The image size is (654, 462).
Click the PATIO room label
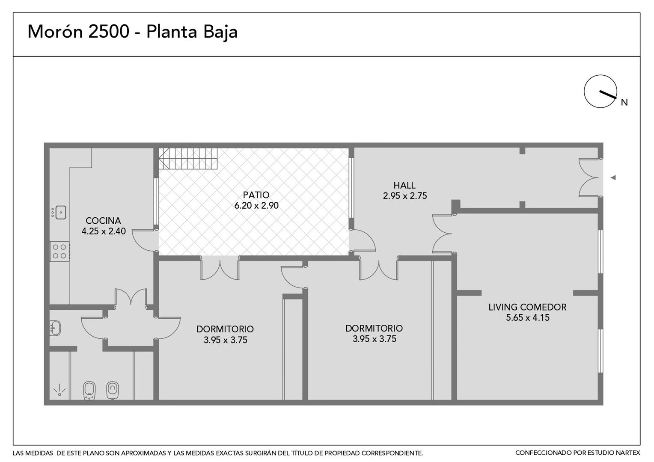point(256,195)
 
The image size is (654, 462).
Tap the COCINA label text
point(103,220)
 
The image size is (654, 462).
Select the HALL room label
point(404,185)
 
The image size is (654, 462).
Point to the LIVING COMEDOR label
point(527,307)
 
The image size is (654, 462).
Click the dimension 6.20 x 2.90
point(256,205)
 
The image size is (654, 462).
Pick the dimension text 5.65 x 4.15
point(528,317)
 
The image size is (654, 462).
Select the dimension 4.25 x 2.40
point(104,231)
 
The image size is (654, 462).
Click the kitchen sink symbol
point(59,213)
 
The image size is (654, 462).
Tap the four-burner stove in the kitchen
point(59,252)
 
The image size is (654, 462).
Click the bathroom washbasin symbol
point(55,328)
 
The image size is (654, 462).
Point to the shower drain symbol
point(59,390)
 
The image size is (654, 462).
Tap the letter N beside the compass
point(624,102)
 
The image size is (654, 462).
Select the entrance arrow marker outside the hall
point(613,178)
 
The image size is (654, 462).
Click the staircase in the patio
point(188,158)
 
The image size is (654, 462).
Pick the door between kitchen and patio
point(145,240)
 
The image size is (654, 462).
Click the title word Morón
point(55,32)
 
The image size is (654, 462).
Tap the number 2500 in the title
point(108,32)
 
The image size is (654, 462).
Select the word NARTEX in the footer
point(627,453)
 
